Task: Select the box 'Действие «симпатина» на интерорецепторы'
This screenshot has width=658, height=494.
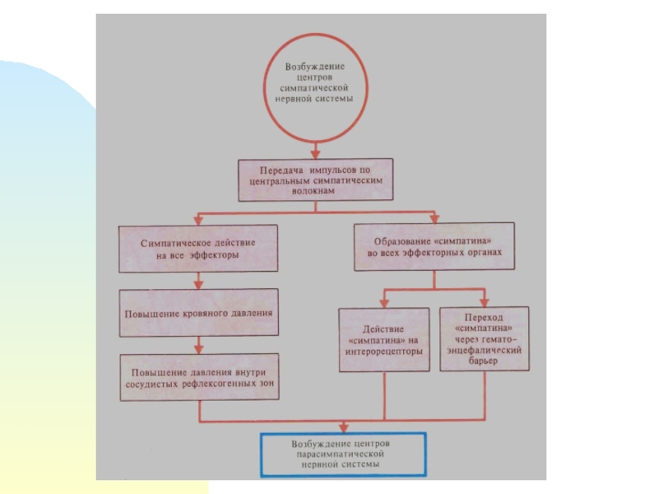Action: [x=384, y=339]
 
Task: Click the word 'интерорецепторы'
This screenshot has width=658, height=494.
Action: [x=384, y=351]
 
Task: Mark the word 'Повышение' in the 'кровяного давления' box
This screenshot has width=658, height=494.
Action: [x=151, y=314]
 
